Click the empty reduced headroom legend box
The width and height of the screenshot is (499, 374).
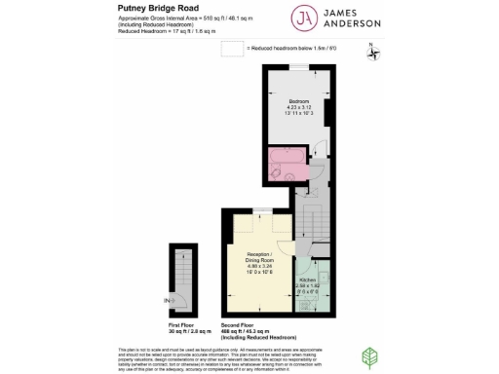coord(230,49)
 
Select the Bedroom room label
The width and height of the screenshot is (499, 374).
coord(299,101)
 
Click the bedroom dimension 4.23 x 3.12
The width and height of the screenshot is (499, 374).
coord(299,108)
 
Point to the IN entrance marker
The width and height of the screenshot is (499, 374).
coord(167,301)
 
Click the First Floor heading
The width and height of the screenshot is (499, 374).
coord(181,321)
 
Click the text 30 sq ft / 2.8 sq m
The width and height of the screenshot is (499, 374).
coord(181,328)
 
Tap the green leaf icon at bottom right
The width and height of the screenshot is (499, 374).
coord(371,356)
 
